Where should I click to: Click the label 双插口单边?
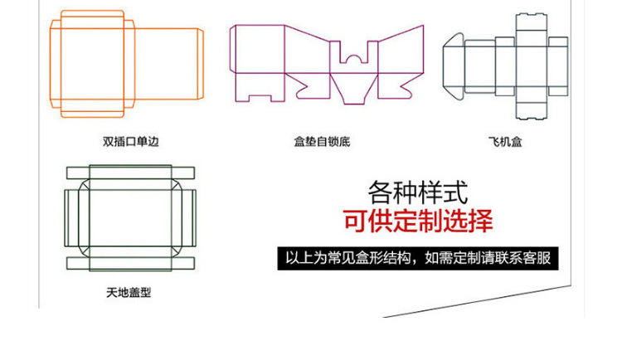pos(130,141)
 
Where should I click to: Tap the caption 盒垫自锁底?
pos(322,141)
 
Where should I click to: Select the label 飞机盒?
pos(505,141)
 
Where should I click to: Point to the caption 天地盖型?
pos(129,293)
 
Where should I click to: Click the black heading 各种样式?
pos(418,192)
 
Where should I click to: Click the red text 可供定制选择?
pos(418,221)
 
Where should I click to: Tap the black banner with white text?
pos(418,259)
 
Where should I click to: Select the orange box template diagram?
pos(127,64)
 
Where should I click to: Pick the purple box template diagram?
pos(327,65)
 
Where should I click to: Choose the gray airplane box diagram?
pos(505,66)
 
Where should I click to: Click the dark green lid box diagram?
pos(130,218)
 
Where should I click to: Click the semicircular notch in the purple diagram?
pos(354,59)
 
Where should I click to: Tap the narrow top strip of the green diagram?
pos(130,173)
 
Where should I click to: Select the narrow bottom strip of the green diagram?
pos(130,263)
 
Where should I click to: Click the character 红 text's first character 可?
pos(356,221)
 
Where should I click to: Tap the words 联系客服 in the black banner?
pos(527,259)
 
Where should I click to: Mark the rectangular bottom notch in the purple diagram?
pos(260,98)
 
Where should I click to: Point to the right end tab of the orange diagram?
pos(201,64)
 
